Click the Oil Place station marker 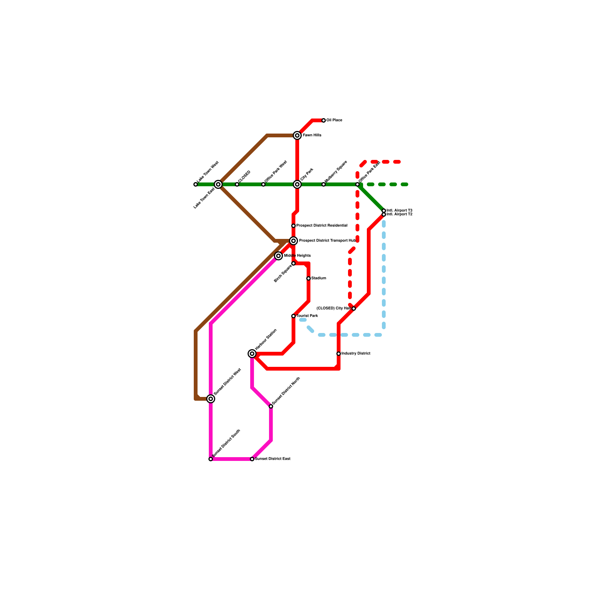pos(324,120)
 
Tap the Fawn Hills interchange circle pos(297,135)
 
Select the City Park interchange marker pos(297,184)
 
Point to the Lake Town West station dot pos(196,184)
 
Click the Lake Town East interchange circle pos(218,184)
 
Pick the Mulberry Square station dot pos(324,184)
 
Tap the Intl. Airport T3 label pos(399,210)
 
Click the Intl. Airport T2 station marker pos(384,214)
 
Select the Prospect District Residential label pos(322,226)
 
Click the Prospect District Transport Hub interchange pos(293,241)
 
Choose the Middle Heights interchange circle pos(278,256)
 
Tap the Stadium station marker pos(309,278)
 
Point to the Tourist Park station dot pos(293,316)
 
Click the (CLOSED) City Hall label pos(334,309)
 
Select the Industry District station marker pos(339,354)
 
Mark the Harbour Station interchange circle pos(252,354)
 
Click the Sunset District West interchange pos(211,399)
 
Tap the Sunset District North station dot pos(271,406)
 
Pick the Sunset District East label pos(273,459)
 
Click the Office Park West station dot pos(263,184)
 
